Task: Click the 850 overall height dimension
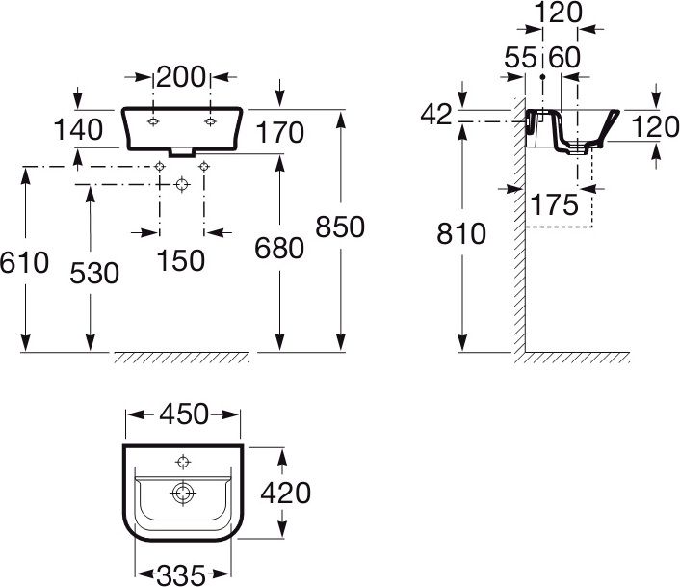[340, 227]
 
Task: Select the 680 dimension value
[279, 248]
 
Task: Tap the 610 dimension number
[24, 262]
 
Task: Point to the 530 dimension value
[94, 274]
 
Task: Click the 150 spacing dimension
[180, 261]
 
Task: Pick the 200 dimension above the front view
[181, 77]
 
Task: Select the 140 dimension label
[78, 129]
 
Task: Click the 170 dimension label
[279, 132]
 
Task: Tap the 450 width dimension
[184, 414]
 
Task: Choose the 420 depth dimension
[285, 493]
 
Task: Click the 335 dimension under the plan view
[181, 575]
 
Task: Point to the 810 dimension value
[461, 233]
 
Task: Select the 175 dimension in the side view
[554, 204]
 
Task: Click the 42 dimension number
[436, 115]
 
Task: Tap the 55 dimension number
[520, 57]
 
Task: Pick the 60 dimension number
[564, 57]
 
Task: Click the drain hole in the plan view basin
[183, 494]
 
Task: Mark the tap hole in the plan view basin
[183, 462]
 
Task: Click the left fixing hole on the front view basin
[153, 121]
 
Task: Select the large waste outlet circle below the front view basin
[182, 184]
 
